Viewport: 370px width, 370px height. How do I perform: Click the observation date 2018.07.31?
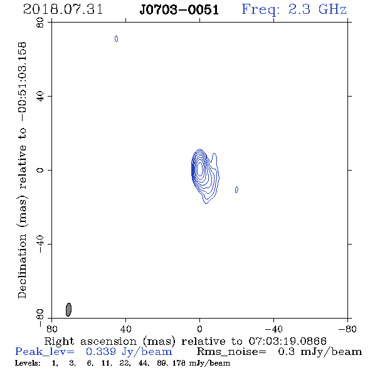point(63,9)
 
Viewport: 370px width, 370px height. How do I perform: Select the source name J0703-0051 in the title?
point(179,10)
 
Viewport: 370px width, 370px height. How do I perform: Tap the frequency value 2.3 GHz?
point(317,9)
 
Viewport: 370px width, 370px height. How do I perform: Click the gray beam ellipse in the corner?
point(68,310)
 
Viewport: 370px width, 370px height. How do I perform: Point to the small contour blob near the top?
point(117,39)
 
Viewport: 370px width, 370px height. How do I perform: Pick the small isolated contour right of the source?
point(236,189)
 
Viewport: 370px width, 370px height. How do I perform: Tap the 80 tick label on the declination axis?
point(40,23)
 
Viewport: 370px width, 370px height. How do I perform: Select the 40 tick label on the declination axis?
point(40,97)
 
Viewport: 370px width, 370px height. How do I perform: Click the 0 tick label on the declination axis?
point(40,170)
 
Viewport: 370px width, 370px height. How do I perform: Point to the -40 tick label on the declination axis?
point(40,244)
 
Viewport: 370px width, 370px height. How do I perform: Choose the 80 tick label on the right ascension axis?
point(51,329)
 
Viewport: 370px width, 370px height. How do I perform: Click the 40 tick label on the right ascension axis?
point(125,329)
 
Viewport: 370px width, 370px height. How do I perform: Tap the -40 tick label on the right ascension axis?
point(273,329)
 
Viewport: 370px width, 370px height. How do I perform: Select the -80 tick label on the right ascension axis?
point(347,329)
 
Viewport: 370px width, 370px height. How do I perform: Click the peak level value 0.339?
point(101,352)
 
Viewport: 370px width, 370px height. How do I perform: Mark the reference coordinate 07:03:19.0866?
point(287,341)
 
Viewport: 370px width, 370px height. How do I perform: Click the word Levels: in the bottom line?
point(28,363)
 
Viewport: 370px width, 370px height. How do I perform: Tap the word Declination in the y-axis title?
point(22,266)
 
